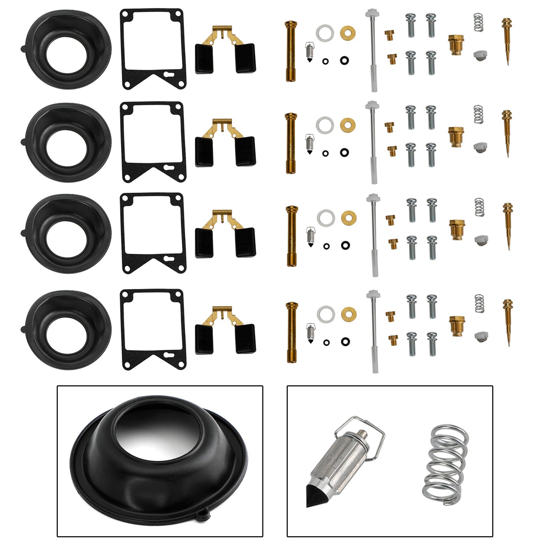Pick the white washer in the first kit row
pos(325,33)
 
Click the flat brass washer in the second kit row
pos(348,125)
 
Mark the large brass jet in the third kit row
pos(457,230)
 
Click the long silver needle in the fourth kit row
pos(373,332)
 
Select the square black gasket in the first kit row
pos(153,49)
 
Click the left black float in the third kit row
pos(204,243)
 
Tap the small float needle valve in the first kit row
pos(310,52)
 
